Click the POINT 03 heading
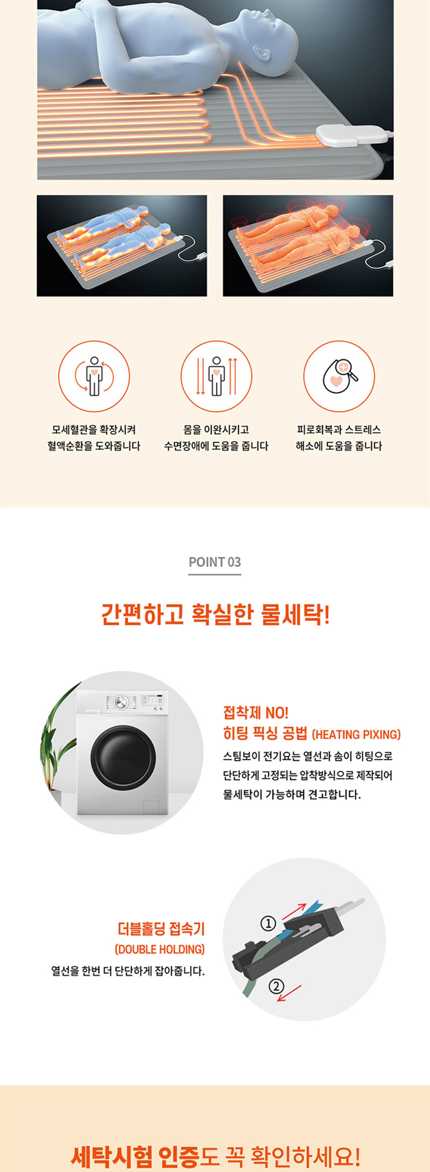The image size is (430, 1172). pos(214,562)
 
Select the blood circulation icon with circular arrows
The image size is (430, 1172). pos(94,376)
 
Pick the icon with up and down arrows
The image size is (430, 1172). pos(216,376)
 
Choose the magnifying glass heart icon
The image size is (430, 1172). pos(339,376)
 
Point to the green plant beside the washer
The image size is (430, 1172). pos(58,742)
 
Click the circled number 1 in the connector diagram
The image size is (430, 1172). pos(268,924)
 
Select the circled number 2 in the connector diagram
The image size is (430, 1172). pos(276,986)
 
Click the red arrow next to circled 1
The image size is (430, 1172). pos(294,911)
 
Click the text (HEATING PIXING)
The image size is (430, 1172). pos(356,735)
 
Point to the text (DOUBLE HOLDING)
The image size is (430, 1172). pos(160,949)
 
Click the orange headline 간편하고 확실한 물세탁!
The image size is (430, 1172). pos(216,614)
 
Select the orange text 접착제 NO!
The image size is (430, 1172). pos(256,713)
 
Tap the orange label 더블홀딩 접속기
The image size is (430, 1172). pos(161,929)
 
